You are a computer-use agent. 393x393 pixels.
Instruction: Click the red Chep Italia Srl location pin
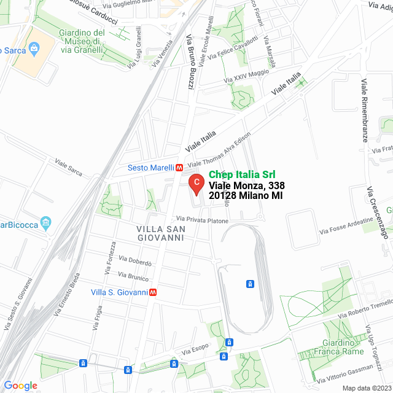pos(195,182)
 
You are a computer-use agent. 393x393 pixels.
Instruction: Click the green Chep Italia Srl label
pos(243,174)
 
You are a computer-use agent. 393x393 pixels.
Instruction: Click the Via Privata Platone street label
pos(202,220)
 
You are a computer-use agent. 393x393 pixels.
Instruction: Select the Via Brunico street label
pos(132,277)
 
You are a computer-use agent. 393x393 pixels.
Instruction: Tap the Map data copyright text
pos(366,388)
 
